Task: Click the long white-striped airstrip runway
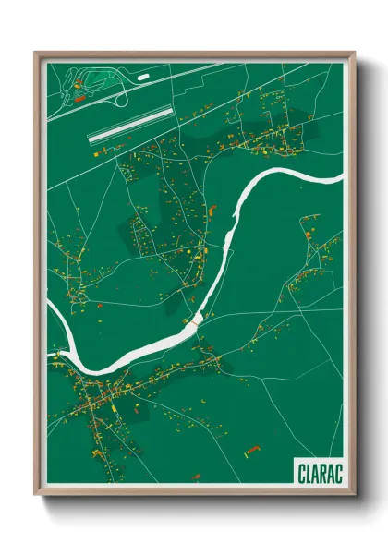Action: (130, 124)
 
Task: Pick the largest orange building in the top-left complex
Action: (79, 96)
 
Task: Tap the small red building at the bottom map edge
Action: (196, 477)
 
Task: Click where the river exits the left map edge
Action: (49, 314)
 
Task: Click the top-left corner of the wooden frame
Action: (36, 53)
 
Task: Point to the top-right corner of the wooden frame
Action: (354, 53)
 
